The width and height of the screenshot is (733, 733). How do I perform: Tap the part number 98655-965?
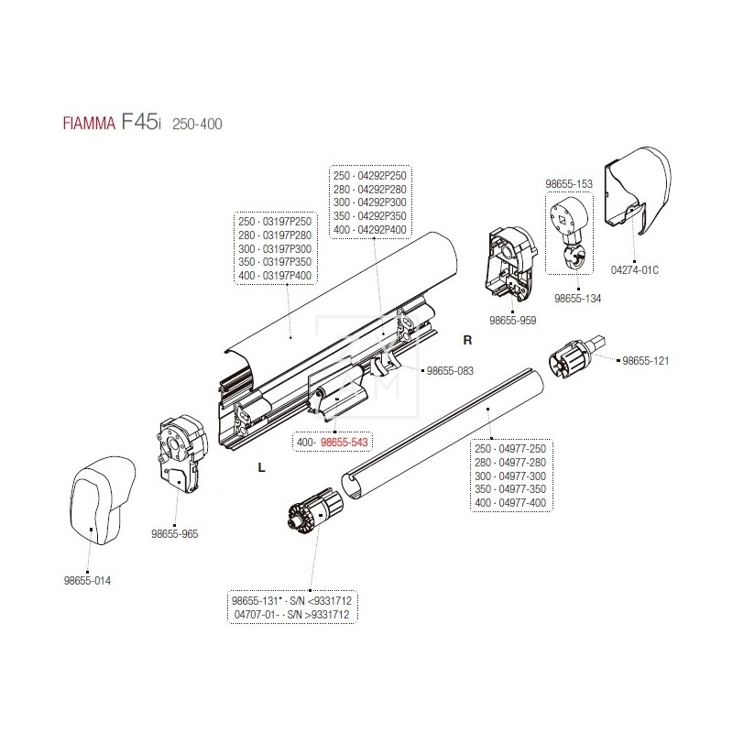176,532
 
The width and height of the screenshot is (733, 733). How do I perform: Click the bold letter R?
466,340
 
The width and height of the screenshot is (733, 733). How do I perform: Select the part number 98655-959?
512,322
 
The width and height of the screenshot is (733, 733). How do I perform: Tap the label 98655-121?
646,361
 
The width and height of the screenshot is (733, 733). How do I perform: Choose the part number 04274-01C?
635,269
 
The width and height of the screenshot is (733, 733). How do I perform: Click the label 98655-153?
570,184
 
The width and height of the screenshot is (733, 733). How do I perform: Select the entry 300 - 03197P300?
274,248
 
